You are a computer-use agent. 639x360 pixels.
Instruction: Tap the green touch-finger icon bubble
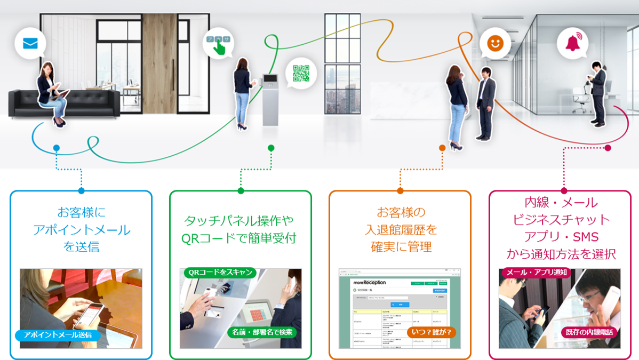tap(218, 43)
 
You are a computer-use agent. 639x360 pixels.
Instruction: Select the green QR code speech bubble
tap(301, 73)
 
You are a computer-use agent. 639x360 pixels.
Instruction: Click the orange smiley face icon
tap(495, 43)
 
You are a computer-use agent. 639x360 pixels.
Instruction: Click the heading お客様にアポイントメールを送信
tap(81, 230)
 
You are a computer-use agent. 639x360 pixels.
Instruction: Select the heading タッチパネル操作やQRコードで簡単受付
tap(240, 229)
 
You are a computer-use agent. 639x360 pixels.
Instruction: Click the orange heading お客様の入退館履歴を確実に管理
tap(401, 230)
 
